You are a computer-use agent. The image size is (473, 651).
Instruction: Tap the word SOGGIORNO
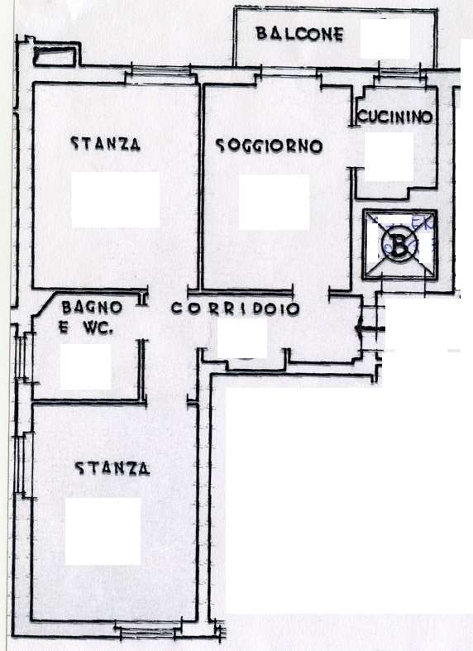(269, 146)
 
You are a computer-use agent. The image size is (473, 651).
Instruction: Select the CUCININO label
(395, 117)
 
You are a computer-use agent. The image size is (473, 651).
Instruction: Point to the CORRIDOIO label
(236, 309)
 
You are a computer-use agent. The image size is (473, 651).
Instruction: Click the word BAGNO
(92, 307)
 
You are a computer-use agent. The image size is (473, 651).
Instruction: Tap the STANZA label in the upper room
(106, 144)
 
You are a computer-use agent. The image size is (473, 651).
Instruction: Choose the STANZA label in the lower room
(112, 469)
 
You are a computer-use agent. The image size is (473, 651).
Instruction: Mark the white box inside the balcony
(385, 39)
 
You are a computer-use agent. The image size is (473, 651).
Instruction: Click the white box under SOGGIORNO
(274, 202)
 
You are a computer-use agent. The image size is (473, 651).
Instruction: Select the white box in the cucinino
(389, 156)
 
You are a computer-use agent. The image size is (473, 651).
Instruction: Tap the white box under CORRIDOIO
(242, 339)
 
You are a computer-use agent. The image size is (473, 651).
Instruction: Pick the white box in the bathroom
(86, 366)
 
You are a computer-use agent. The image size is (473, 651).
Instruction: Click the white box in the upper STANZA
(115, 200)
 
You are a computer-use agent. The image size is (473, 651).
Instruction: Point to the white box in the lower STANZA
(103, 531)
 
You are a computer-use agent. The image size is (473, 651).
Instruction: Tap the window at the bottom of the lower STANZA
(145, 633)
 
